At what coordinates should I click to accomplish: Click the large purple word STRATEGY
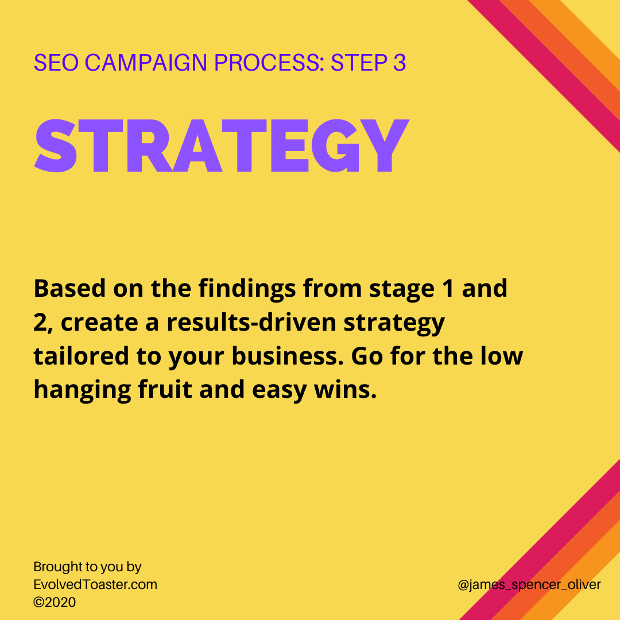[x=222, y=146]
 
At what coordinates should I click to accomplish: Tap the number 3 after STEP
[x=400, y=63]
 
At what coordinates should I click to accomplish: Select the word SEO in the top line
[x=56, y=63]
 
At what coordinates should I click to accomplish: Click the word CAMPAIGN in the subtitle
[x=146, y=63]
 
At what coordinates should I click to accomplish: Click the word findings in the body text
[x=247, y=289]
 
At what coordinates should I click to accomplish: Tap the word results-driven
[x=251, y=322]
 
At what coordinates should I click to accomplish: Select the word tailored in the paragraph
[x=82, y=356]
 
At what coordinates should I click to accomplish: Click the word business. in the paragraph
[x=288, y=356]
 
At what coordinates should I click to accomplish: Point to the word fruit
[x=165, y=389]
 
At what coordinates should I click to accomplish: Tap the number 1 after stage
[x=448, y=288]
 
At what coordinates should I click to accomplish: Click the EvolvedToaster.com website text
[x=95, y=584]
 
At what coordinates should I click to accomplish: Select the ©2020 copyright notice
[x=55, y=602]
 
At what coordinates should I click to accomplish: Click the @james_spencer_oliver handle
[x=529, y=585]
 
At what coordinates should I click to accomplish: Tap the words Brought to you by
[x=87, y=567]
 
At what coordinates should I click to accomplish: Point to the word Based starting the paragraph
[x=69, y=288]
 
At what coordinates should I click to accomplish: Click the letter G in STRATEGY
[x=335, y=146]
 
